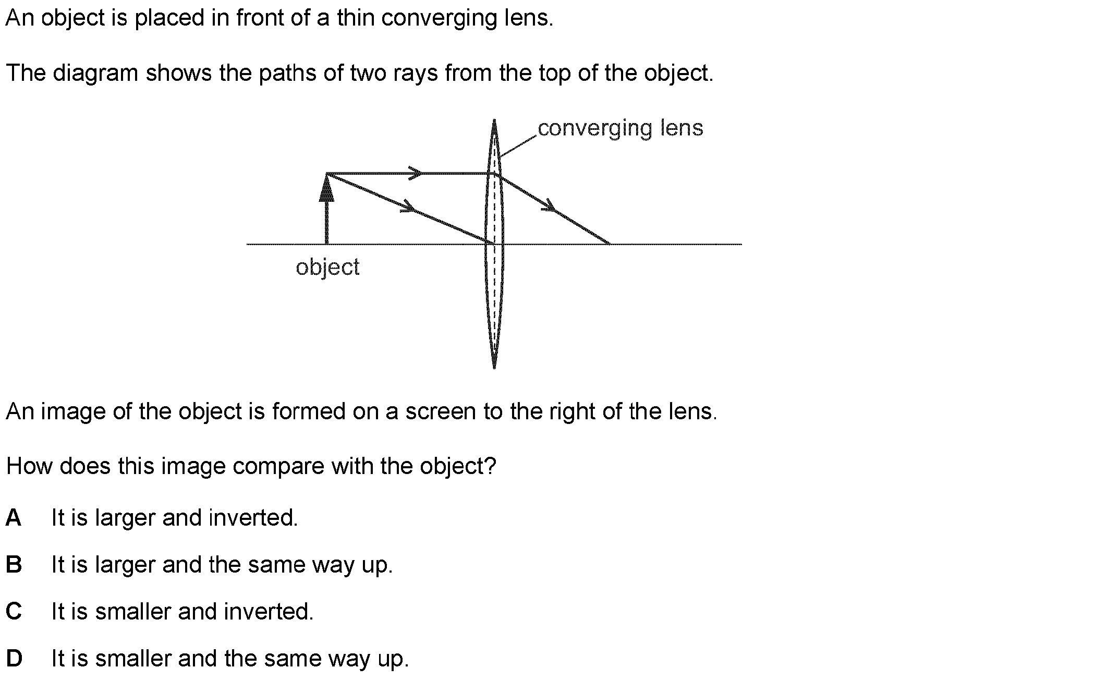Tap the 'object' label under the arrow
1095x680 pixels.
click(327, 268)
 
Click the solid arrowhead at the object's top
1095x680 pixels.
click(326, 188)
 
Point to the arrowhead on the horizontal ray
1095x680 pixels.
click(416, 173)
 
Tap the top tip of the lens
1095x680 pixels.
click(494, 119)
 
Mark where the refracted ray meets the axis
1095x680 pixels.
click(609, 244)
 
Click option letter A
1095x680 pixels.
click(14, 518)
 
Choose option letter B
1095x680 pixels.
click(14, 565)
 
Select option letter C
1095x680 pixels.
click(14, 612)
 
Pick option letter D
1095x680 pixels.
click(14, 659)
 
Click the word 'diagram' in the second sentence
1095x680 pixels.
click(95, 74)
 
